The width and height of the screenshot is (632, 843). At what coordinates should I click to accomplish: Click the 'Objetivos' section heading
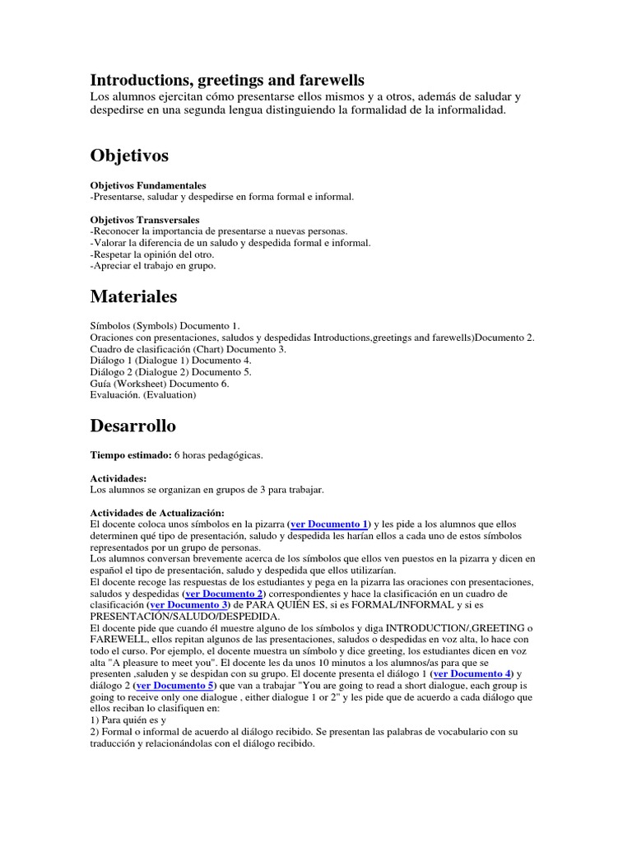tap(129, 156)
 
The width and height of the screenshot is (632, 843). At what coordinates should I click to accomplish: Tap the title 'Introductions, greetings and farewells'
tap(226, 80)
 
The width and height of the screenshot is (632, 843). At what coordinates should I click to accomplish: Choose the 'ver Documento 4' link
tap(472, 674)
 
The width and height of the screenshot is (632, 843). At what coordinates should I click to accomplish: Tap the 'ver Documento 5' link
tap(175, 686)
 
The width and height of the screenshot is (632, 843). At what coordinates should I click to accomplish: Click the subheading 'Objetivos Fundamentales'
tap(148, 186)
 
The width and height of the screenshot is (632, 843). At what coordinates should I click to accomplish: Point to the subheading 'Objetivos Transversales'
tap(144, 221)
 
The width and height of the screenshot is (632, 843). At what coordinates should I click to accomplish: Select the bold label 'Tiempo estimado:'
tap(130, 455)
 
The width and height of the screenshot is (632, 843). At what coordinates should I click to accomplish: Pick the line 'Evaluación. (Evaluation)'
tap(142, 395)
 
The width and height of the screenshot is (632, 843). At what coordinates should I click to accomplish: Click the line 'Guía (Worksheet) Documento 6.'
tap(160, 384)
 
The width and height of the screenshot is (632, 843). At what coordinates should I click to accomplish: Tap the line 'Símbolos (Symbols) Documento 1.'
tap(165, 326)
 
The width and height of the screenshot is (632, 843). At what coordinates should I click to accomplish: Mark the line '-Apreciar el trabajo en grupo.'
tap(152, 267)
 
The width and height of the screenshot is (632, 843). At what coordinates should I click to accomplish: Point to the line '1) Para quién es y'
tap(128, 720)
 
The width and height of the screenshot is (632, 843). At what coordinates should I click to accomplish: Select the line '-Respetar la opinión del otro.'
tap(152, 255)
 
